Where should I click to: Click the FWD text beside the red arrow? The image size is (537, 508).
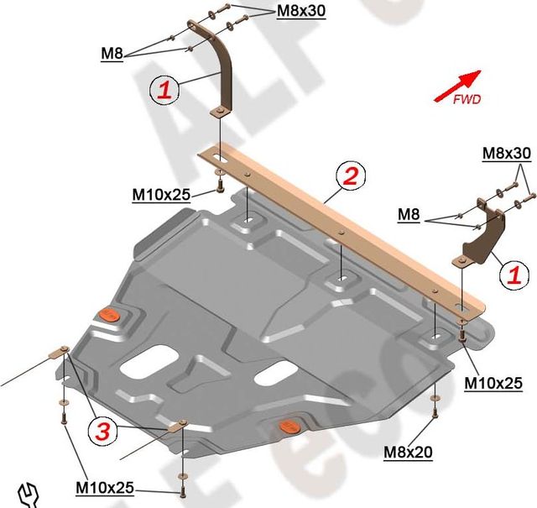click(x=467, y=99)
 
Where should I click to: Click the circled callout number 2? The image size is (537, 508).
click(x=349, y=175)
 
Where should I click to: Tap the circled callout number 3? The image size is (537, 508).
click(x=102, y=432)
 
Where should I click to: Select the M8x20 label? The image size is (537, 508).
click(x=409, y=453)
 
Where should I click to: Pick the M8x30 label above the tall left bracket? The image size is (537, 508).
click(x=301, y=12)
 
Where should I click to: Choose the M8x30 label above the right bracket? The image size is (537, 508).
click(x=506, y=154)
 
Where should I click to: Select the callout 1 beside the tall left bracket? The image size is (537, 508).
click(x=164, y=90)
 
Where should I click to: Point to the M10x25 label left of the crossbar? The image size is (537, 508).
click(x=162, y=195)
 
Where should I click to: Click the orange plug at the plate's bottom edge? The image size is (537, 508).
click(x=288, y=425)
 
